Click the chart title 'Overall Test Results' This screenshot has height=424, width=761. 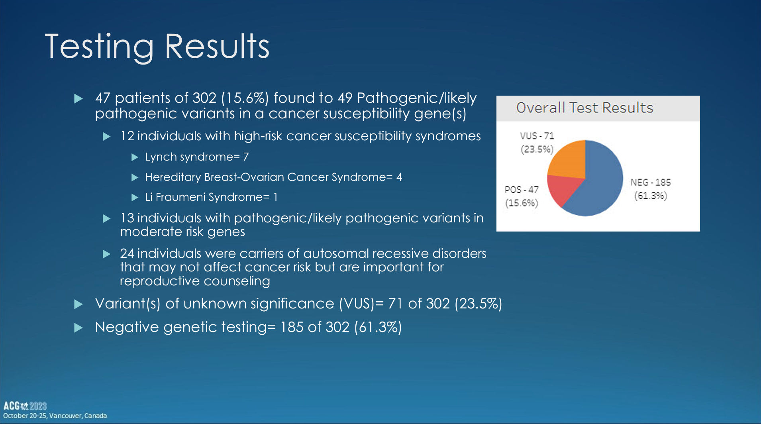pos(584,108)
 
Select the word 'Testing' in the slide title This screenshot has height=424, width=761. pos(99,47)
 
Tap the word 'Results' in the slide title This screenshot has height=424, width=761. pos(217,46)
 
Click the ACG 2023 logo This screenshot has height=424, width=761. pos(25,406)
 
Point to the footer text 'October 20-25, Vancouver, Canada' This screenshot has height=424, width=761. pos(55,416)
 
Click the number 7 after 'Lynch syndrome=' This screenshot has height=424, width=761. pos(246,157)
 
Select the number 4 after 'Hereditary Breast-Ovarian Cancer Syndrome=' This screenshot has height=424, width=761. pos(399,177)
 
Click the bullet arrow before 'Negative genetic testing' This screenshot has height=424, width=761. pos(78,328)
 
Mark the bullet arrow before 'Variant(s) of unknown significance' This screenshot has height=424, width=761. pos(78,304)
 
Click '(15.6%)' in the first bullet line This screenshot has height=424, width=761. pos(245,98)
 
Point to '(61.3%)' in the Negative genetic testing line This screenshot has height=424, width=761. pos(378,327)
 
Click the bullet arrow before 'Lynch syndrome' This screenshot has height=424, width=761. pos(135,157)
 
